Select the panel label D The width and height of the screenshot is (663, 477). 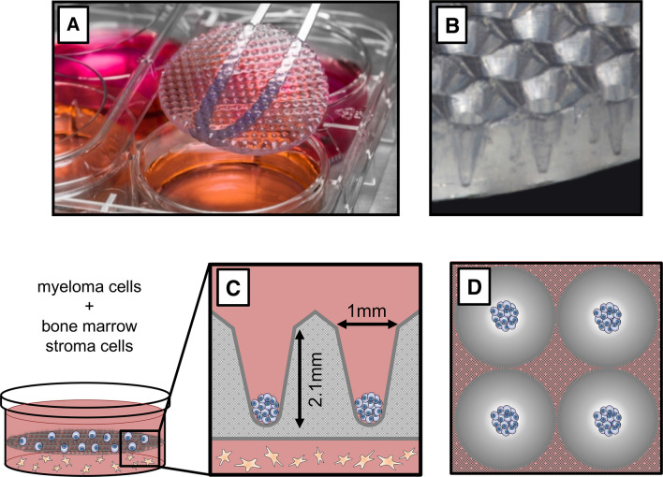(x=476, y=287)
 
